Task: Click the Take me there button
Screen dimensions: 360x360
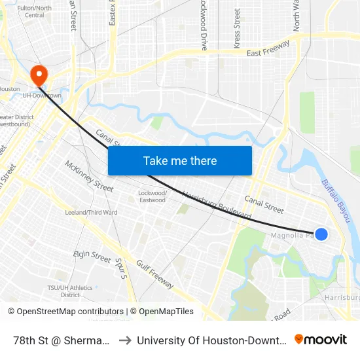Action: click(180, 160)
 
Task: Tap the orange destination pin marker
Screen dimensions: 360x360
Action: click(39, 74)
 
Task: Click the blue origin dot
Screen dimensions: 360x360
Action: click(321, 234)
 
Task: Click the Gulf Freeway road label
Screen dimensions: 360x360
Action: click(154, 274)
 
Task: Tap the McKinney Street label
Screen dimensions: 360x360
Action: click(89, 175)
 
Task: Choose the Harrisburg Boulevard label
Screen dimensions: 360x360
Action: click(217, 205)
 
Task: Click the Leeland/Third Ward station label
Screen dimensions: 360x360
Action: click(91, 213)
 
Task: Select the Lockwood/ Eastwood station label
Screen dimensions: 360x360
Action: click(153, 196)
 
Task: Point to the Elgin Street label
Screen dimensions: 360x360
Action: click(92, 256)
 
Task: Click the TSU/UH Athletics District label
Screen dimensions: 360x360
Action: click(70, 291)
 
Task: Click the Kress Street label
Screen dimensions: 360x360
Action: click(237, 28)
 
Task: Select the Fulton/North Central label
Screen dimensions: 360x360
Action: click(34, 11)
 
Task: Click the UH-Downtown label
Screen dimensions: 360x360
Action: click(42, 96)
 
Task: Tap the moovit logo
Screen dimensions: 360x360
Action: click(321, 340)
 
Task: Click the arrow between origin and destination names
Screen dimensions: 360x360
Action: click(124, 340)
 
